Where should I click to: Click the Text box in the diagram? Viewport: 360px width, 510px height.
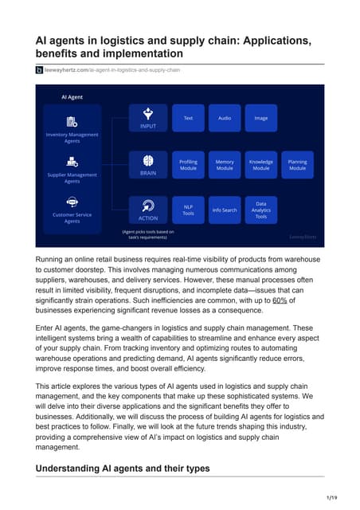pyautogui.click(x=188, y=118)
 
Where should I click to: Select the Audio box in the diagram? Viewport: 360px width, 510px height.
pyautogui.click(x=225, y=118)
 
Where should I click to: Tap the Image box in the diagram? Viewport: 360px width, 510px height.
pyautogui.click(x=261, y=118)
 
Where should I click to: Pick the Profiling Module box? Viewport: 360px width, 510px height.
pyautogui.click(x=188, y=165)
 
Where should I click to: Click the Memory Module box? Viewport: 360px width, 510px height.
pyautogui.click(x=225, y=165)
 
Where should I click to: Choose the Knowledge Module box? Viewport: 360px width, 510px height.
pyautogui.click(x=261, y=165)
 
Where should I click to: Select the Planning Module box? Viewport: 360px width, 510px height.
pyautogui.click(x=297, y=165)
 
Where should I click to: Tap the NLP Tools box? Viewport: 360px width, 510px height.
pyautogui.click(x=188, y=210)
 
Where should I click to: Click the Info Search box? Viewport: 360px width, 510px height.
pyautogui.click(x=225, y=210)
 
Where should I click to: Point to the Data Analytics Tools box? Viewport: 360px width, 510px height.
pyautogui.click(x=261, y=210)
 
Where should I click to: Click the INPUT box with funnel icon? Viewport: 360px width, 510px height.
pyautogui.click(x=148, y=118)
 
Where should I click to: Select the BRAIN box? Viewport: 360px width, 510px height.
pyautogui.click(x=148, y=164)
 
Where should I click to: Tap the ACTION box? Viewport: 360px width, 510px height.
pyautogui.click(x=148, y=210)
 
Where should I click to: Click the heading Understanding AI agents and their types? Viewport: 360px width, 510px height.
pyautogui.click(x=123, y=469)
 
